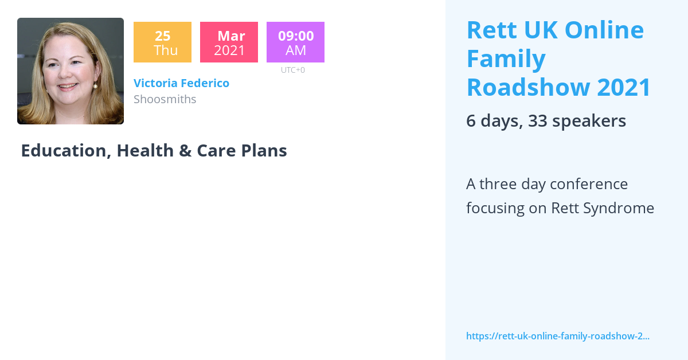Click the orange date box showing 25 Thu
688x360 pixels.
pos(162,42)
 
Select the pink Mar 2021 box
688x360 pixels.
pos(229,42)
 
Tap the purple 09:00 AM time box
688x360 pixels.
pos(295,42)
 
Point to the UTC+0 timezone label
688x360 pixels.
pos(292,70)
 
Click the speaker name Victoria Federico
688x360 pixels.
pos(181,83)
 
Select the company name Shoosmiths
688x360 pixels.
pos(165,99)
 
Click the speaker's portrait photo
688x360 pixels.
pos(71,71)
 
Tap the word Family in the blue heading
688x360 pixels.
pos(506,58)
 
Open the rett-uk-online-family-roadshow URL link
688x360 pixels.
pos(557,336)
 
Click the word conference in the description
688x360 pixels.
pos(588,184)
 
